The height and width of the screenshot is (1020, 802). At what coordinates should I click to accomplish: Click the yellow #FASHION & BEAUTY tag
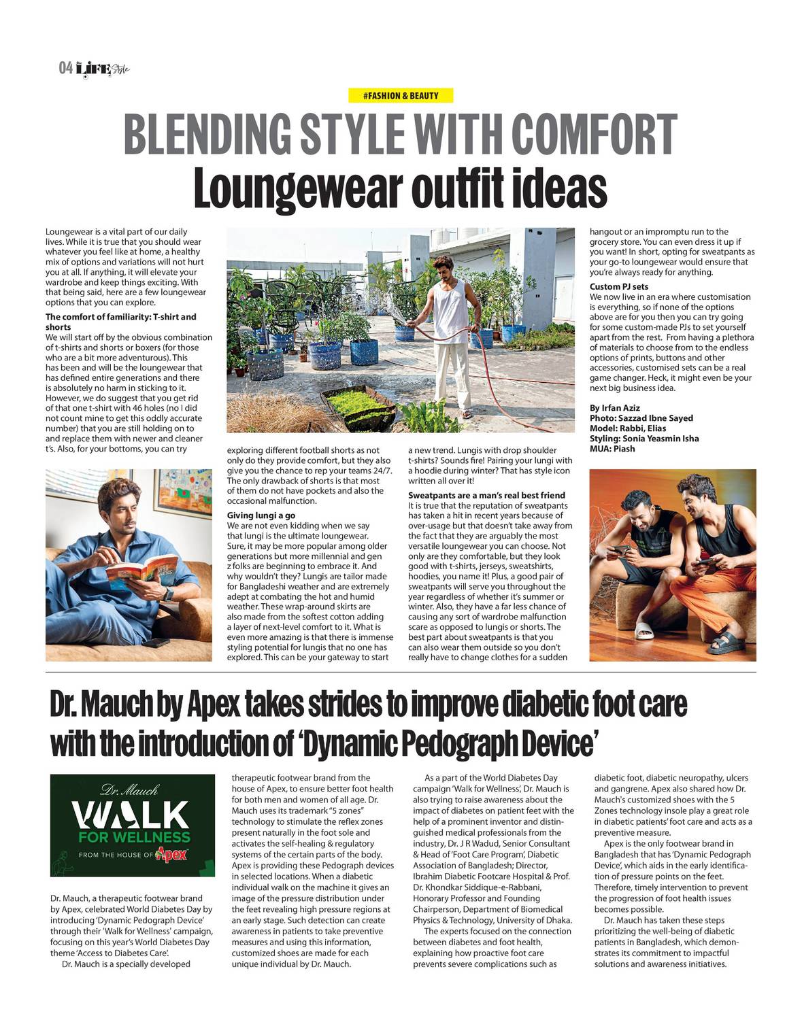click(x=401, y=96)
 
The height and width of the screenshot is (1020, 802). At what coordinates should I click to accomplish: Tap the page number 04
click(x=65, y=68)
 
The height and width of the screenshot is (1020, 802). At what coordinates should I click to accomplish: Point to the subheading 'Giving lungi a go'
click(x=261, y=515)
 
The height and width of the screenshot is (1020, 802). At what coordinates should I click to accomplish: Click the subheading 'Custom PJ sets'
click(x=619, y=286)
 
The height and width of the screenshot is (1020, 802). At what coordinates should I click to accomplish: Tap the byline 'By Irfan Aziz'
click(x=615, y=408)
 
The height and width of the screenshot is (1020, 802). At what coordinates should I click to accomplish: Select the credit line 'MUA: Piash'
click(x=610, y=449)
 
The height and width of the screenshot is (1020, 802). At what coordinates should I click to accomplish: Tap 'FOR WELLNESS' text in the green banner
click(x=134, y=837)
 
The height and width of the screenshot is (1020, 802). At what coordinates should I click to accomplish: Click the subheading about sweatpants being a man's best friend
click(x=486, y=495)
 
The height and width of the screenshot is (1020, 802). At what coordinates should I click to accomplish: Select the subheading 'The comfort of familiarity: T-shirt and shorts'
click(x=120, y=322)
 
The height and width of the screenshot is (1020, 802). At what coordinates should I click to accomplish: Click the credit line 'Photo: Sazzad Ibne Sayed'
click(x=641, y=418)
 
